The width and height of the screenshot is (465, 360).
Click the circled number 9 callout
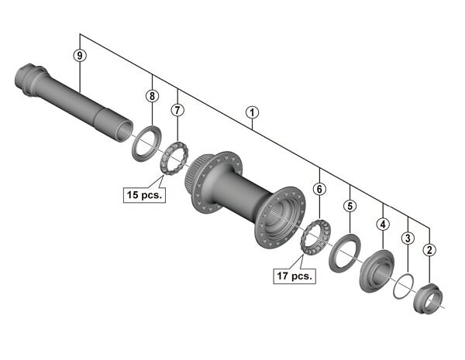point(80,56)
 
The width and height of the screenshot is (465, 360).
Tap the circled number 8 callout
point(152,96)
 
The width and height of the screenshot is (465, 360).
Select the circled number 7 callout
point(177,110)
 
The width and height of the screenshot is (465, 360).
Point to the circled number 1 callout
point(252,113)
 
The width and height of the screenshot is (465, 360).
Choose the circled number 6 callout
point(319,189)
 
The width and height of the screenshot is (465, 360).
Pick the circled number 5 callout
point(350,206)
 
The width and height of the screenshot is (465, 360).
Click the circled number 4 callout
point(383,225)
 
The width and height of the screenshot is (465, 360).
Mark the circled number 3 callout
point(408,238)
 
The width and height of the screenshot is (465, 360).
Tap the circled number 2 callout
point(429,250)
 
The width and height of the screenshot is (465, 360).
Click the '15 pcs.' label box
point(144,195)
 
